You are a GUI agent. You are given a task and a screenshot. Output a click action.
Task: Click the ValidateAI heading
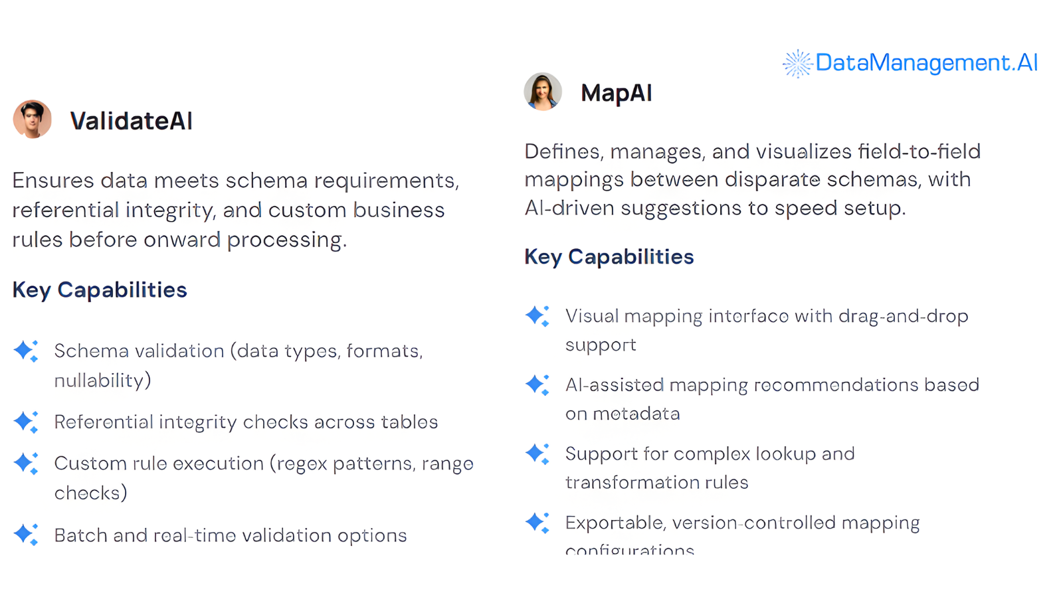pos(131,121)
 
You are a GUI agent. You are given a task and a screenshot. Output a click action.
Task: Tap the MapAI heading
pos(616,93)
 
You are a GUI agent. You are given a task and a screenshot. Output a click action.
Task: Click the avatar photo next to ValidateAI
pos(33,120)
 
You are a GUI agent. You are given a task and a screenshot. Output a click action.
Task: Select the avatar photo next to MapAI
pos(543,92)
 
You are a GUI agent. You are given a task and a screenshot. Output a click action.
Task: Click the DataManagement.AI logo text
pos(926,62)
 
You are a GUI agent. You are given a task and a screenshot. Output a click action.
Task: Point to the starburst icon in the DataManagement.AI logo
pos(797,64)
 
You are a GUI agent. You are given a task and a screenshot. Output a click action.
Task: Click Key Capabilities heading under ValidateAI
pos(100,290)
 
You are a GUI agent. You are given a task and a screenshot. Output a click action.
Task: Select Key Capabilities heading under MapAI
pos(609,257)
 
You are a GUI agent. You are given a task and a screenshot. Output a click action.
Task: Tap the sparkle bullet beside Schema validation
pos(26,351)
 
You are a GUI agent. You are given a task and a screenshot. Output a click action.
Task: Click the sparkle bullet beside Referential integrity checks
pos(26,422)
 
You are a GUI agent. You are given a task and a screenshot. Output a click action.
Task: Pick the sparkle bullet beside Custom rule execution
pos(26,463)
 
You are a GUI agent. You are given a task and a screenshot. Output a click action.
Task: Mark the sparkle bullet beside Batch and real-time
pos(26,534)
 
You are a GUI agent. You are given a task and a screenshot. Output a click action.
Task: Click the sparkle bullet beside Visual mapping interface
pos(537,316)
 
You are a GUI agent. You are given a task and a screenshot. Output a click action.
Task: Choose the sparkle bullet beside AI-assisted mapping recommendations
pos(537,385)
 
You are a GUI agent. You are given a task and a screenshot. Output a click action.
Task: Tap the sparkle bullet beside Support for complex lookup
pos(537,454)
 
